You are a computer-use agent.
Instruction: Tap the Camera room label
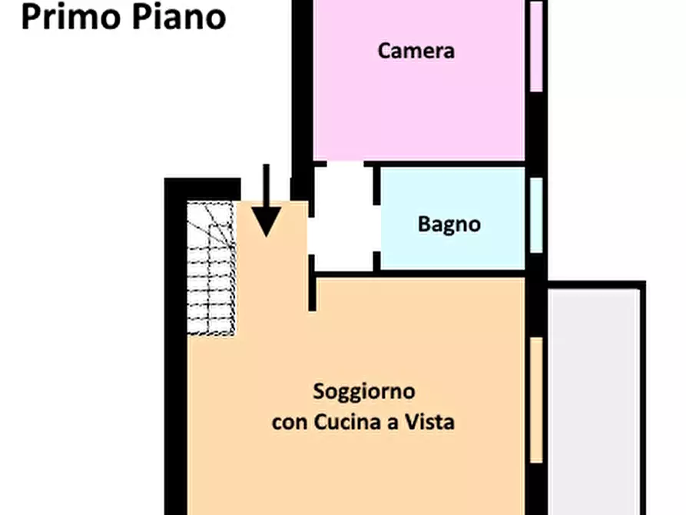416,51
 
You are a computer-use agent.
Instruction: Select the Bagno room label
449,224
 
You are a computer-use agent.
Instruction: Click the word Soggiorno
364,390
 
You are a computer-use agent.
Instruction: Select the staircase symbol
210,268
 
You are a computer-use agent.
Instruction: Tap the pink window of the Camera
536,46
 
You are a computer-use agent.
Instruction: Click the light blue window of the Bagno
536,214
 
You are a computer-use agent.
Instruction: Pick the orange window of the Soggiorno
536,400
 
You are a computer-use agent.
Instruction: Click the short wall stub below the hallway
312,284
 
